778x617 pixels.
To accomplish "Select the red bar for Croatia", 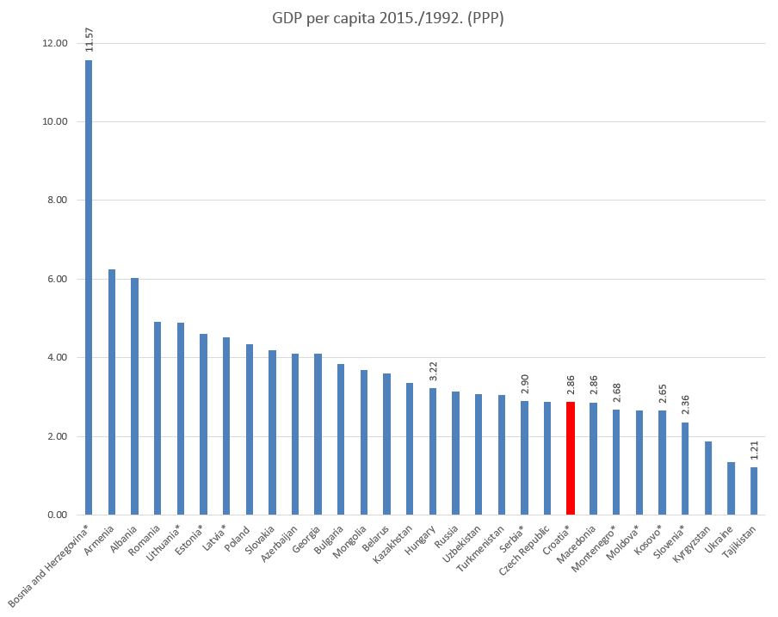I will coord(570,458).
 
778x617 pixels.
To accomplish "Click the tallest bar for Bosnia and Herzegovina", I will coord(89,287).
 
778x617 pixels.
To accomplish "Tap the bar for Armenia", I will coord(112,392).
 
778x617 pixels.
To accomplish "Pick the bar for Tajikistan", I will coord(754,491).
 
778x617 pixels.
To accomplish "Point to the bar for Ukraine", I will coord(731,488).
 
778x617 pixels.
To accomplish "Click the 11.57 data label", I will coord(90,40).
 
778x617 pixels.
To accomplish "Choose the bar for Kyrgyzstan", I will coord(708,478).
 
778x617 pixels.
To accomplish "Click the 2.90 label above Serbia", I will coord(525,380).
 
